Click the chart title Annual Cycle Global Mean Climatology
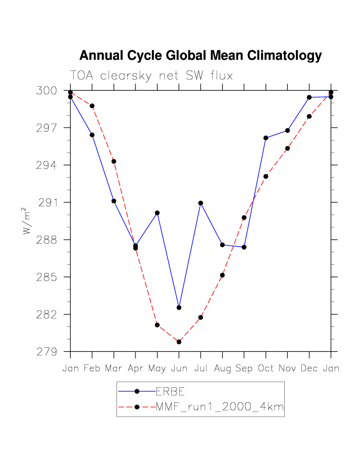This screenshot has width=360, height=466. pyautogui.click(x=200, y=55)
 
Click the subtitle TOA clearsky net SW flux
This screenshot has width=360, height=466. pyautogui.click(x=151, y=76)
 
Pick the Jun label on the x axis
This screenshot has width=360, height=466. pyautogui.click(x=179, y=368)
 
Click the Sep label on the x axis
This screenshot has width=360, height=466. pyautogui.click(x=244, y=368)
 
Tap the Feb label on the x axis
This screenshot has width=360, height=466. pyautogui.click(x=92, y=368)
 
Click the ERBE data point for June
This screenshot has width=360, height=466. pyautogui.click(x=179, y=308)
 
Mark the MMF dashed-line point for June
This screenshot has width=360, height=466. pyautogui.click(x=179, y=342)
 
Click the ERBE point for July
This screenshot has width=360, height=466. pyautogui.click(x=201, y=203)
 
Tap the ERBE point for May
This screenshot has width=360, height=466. pyautogui.click(x=157, y=213)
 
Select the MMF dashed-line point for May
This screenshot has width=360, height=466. pyautogui.click(x=157, y=325)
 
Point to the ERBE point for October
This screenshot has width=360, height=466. pyautogui.click(x=266, y=138)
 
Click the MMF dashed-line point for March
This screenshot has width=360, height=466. pyautogui.click(x=114, y=161)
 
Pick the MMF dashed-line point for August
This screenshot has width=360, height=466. pyautogui.click(x=223, y=275)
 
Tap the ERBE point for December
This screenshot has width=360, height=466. pyautogui.click(x=309, y=97)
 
